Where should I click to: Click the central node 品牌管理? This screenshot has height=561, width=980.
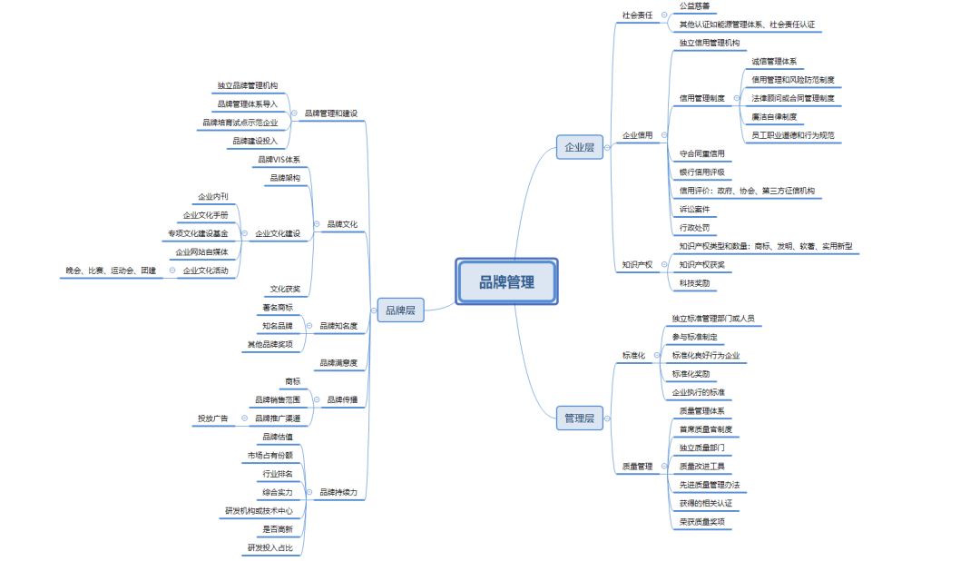coord(506,282)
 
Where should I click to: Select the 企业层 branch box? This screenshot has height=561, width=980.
coord(579,146)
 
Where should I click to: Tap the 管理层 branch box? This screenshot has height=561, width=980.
coord(579,418)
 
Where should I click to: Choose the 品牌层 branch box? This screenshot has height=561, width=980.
coord(401,310)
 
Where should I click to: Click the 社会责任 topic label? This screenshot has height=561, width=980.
coord(637,15)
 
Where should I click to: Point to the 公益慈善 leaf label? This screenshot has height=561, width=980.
coord(694,6)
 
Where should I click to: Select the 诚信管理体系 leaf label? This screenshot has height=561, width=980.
coord(774,62)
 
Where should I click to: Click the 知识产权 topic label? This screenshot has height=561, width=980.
coord(637,264)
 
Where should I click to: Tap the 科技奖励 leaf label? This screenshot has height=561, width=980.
coord(694,283)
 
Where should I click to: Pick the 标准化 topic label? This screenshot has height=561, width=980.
coord(633,355)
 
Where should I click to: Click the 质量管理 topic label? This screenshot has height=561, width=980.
coord(637,466)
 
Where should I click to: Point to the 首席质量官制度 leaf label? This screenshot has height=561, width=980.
coord(705,429)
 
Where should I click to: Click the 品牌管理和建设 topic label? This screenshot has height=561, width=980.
coord(330,113)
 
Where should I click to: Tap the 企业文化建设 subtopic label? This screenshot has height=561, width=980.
coord(278,233)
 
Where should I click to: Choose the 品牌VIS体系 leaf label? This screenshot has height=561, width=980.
coord(279,160)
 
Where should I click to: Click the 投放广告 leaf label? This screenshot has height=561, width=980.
coord(212,418)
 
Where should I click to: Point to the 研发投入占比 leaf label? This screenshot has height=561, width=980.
coord(269,547)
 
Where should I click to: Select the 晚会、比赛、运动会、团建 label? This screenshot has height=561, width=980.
coord(111,271)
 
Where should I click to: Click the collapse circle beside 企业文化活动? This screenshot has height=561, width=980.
coord(171,271)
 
